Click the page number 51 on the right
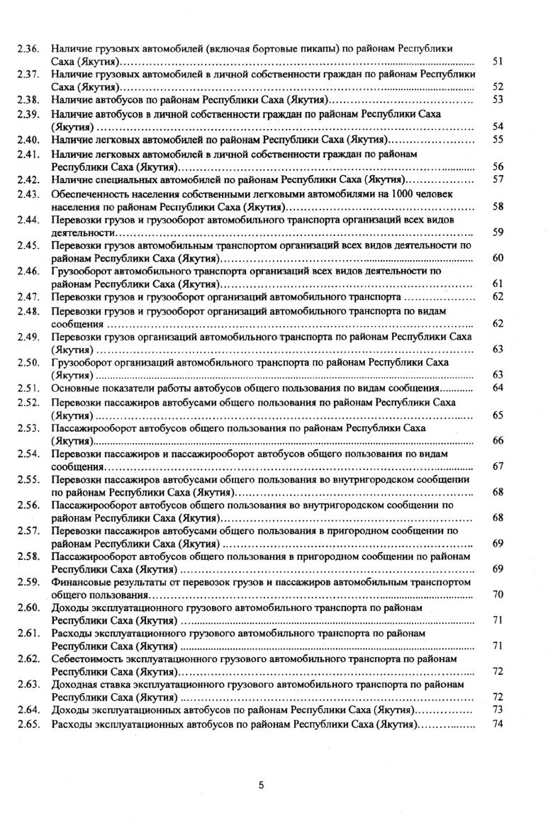pyautogui.click(x=497, y=62)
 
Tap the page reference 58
pyautogui.click(x=497, y=206)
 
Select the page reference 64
pyautogui.click(x=497, y=388)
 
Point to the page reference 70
pyautogui.click(x=497, y=595)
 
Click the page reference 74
pyautogui.click(x=497, y=724)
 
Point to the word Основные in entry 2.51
pyautogui.click(x=74, y=388)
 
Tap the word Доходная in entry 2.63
pyautogui.click(x=74, y=685)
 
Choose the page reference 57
pyautogui.click(x=497, y=180)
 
